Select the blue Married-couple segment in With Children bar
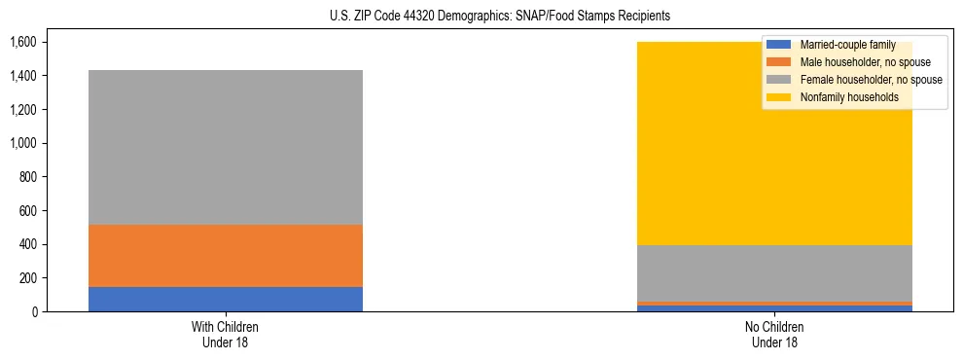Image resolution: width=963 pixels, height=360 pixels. (x=226, y=299)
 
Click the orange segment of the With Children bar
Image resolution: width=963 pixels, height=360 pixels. (x=226, y=255)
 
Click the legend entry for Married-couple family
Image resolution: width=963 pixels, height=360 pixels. (x=845, y=45)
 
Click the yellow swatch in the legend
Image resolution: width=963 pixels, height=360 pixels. (x=779, y=97)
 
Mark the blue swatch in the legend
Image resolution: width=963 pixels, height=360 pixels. (x=779, y=45)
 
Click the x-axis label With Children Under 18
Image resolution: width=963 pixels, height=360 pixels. (x=226, y=334)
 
